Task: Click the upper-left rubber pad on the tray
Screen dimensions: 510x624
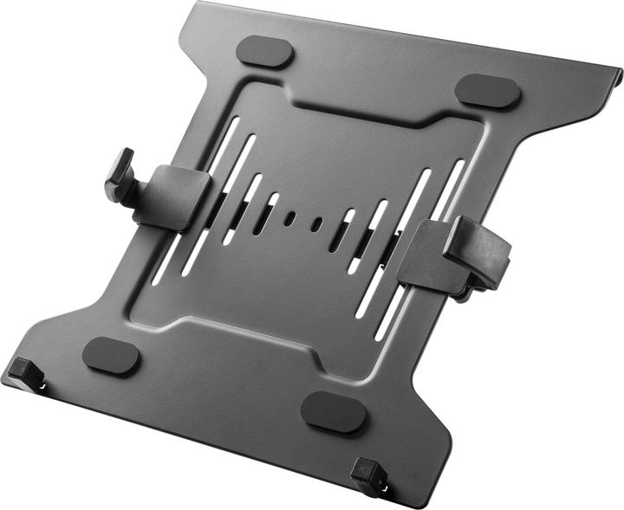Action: click(x=263, y=50)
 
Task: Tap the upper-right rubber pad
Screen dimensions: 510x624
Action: click(x=487, y=90)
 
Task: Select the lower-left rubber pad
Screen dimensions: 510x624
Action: click(x=111, y=354)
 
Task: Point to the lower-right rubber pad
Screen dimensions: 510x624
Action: click(x=334, y=411)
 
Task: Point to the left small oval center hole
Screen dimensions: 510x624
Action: click(x=289, y=217)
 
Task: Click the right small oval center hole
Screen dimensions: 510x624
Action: click(x=317, y=224)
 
